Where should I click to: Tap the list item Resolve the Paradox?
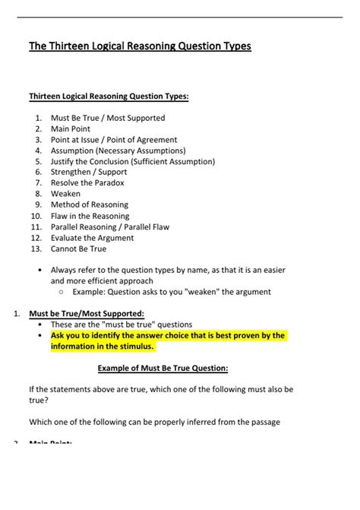(87, 183)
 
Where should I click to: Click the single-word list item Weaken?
(65, 194)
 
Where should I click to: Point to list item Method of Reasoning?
(90, 205)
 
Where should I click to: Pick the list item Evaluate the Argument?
(92, 238)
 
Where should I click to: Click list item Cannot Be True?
(78, 249)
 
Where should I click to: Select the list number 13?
(36, 249)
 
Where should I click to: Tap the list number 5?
(38, 162)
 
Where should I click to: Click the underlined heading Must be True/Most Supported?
(86, 313)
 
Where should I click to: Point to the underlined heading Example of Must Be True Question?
(163, 369)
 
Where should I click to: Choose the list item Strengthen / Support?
(88, 173)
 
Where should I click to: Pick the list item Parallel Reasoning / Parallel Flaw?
(110, 226)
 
